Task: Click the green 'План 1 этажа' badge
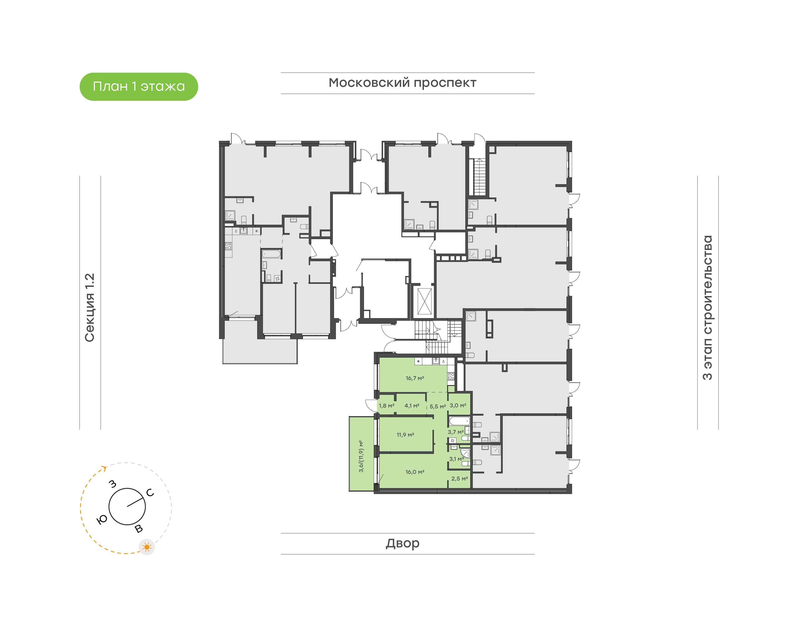[139, 87]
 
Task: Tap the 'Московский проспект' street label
[402, 83]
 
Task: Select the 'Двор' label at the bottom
[402, 543]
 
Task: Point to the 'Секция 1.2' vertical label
[90, 307]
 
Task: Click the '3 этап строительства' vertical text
[707, 307]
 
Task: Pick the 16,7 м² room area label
[415, 378]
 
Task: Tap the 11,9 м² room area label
[405, 435]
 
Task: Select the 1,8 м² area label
[386, 406]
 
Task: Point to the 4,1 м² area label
[412, 406]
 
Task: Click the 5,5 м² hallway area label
[438, 406]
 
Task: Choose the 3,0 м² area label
[458, 405]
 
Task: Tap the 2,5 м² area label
[459, 479]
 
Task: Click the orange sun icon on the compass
[147, 547]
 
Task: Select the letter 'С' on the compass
[150, 493]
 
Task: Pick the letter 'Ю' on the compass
[102, 519]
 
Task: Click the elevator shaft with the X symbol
[425, 301]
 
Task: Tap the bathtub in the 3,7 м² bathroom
[459, 421]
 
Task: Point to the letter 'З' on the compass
[113, 484]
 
